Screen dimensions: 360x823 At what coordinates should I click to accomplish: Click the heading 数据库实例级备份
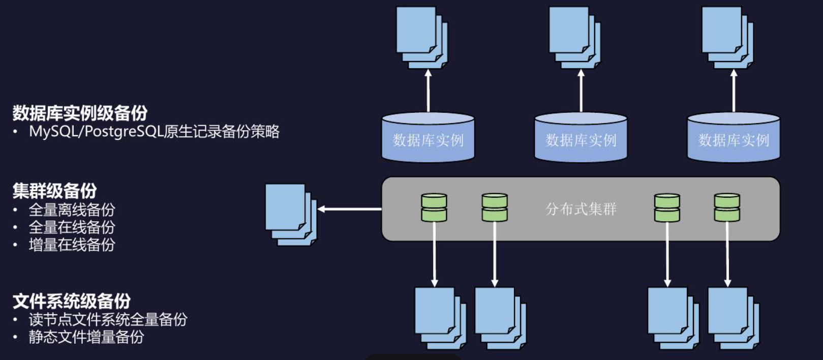[80, 113]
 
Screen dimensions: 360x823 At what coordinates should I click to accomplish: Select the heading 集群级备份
[54, 191]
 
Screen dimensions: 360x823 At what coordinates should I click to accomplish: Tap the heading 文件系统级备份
[72, 301]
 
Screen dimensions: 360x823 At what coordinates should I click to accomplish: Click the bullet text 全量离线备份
[72, 209]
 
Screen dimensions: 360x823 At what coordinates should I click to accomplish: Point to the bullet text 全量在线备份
[72, 227]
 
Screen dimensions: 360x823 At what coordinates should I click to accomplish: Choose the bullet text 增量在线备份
[72, 245]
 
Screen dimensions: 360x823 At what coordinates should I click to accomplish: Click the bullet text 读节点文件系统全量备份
[108, 319]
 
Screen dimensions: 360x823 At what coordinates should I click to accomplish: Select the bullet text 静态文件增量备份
[86, 337]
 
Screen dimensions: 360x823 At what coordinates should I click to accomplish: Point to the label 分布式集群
[581, 209]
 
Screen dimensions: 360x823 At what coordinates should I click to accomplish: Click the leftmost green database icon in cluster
[434, 207]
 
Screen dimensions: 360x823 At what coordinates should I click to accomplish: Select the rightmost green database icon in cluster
[727, 207]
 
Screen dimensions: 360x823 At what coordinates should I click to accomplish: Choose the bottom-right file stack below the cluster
[733, 318]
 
